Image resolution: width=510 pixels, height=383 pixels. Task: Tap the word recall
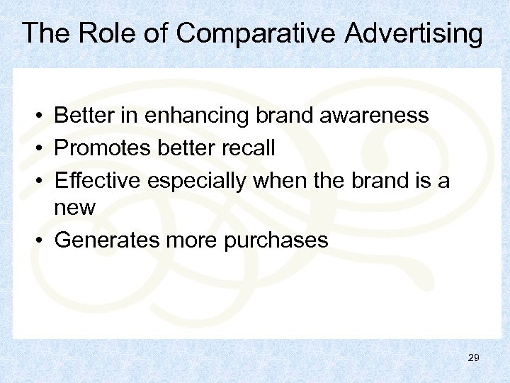tap(248, 148)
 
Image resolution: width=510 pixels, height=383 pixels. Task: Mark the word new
tap(74, 209)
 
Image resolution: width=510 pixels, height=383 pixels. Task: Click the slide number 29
tap(474, 358)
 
